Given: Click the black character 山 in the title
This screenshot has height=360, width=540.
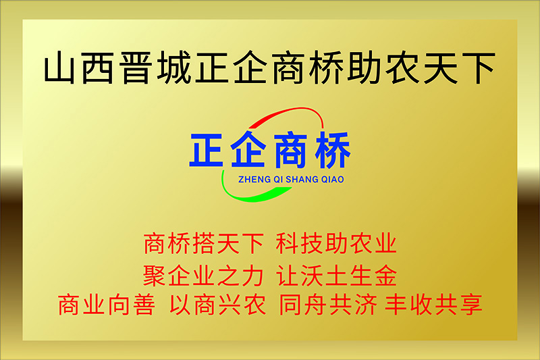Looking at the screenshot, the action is pos(59,68).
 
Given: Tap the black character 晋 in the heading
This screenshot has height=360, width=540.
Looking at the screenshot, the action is pos(136,68).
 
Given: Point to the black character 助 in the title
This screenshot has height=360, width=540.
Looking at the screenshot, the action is pos(365,68).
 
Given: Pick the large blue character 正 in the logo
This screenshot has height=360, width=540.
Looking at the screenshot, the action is pos(206,150).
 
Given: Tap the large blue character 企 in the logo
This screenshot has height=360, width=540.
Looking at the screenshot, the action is pos(248,149).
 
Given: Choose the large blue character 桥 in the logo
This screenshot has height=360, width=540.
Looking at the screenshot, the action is pos(333,150).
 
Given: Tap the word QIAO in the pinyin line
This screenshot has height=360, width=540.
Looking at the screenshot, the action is pos(332,180).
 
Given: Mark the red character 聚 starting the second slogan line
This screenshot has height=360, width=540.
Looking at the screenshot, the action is pos(155,276).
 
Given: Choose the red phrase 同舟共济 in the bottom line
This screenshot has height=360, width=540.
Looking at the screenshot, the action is pos(328,305).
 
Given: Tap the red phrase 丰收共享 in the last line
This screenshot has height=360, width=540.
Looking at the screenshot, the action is pos(433,305).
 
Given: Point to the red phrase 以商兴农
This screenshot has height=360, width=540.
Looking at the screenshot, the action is pos(217,305).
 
